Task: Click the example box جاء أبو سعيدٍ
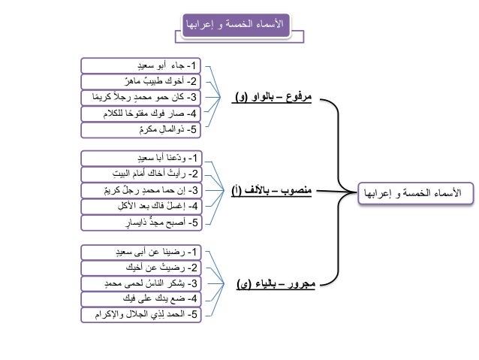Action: tap(143, 64)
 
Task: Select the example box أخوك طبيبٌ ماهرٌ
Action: tap(143, 80)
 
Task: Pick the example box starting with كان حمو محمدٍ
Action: tap(143, 98)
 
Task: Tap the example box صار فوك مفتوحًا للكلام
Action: tap(143, 114)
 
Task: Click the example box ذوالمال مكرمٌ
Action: tap(143, 131)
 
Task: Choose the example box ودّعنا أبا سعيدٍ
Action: tap(143, 159)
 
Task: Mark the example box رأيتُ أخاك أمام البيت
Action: tap(143, 174)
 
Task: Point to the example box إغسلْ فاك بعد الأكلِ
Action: tap(143, 206)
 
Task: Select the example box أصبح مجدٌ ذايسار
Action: tap(143, 222)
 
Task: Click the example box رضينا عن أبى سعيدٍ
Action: tap(143, 251)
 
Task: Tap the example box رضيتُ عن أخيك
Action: tap(143, 267)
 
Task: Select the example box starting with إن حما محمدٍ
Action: tap(143, 190)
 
